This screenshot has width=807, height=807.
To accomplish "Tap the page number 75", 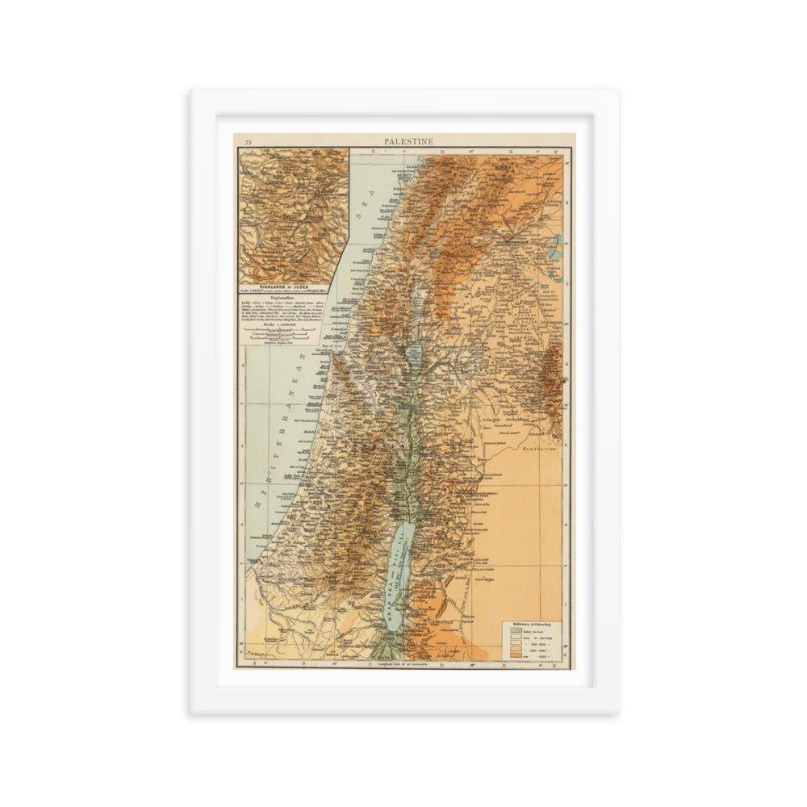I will point(249,142).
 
